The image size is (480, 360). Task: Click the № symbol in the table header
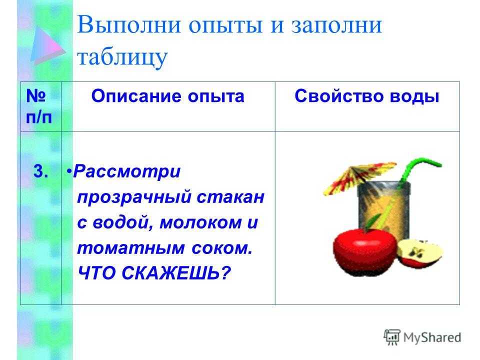(x=36, y=96)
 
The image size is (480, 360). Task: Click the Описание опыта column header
(x=168, y=96)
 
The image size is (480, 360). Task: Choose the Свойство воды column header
(x=366, y=96)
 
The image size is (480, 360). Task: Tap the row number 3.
(x=40, y=171)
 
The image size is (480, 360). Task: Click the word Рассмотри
(x=126, y=171)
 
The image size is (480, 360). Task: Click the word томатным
(x=130, y=248)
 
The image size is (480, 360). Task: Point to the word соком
(x=222, y=248)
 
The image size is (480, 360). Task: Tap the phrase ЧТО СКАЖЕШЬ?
(x=154, y=273)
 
